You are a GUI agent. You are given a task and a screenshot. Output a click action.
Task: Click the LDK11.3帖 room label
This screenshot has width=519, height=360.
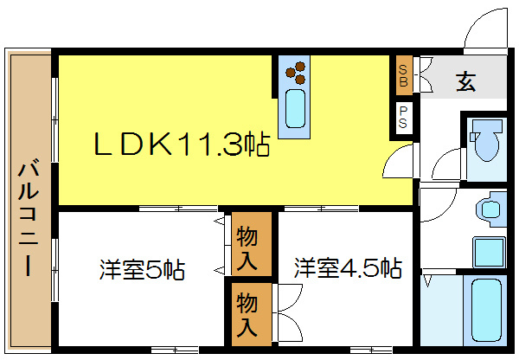(182, 145)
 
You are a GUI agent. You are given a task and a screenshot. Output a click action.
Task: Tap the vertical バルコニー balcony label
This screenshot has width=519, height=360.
(28, 216)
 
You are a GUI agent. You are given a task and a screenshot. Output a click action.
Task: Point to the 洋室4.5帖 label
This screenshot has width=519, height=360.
(347, 267)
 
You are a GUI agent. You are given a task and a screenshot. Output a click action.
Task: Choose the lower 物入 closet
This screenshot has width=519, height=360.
(248, 315)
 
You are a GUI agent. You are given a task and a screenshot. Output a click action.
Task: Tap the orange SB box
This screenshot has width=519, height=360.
(403, 77)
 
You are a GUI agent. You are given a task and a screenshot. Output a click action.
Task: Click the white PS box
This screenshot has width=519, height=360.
(403, 118)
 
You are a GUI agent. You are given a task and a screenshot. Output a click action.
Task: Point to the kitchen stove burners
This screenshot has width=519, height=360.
(296, 71)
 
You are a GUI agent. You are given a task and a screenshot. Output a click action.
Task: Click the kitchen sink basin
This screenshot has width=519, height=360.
(296, 109)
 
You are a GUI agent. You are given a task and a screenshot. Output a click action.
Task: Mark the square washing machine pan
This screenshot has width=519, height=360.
(489, 252)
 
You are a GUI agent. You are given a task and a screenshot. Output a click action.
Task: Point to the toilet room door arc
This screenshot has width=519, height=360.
(448, 164)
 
